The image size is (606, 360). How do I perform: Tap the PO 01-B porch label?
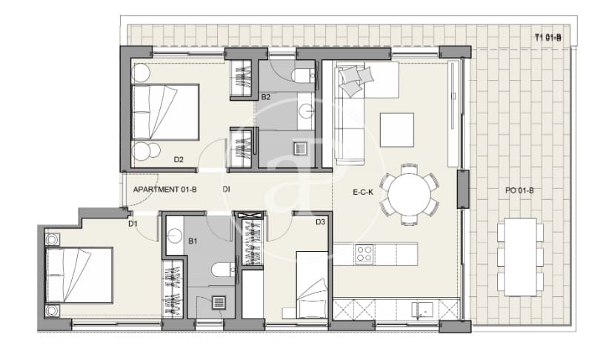pos(519,190)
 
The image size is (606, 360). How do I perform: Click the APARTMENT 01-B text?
pos(164,190)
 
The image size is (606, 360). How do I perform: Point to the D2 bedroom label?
pos(179,159)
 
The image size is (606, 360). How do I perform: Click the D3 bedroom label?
pos(321,221)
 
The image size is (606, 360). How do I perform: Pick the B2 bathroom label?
pos(265,97)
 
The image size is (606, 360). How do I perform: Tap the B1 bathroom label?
pos(192,241)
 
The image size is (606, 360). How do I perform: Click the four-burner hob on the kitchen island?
pos(364,253)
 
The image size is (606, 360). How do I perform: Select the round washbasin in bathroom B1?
pos(176,236)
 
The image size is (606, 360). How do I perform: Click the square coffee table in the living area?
pos(397,130)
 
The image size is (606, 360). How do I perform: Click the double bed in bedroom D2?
pos(166,112)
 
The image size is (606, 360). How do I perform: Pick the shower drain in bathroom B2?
pos(299,147)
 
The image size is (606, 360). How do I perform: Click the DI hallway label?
pos(226,190)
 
